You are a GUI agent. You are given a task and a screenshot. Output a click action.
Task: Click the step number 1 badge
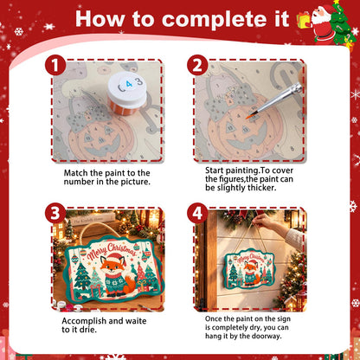[55, 66]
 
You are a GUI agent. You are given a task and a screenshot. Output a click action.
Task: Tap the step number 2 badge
[197, 66]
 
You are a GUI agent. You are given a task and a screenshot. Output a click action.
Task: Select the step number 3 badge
[55, 213]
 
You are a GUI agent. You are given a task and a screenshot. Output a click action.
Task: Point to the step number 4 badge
[197, 213]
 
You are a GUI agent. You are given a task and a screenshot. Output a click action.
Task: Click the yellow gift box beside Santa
[304, 20]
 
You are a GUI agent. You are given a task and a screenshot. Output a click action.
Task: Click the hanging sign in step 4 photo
[248, 269]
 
